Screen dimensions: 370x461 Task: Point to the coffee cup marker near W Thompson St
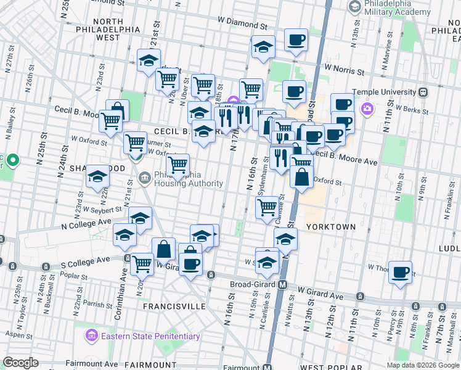pyautogui.click(x=401, y=271)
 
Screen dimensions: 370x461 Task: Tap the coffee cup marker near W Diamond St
pyautogui.click(x=296, y=40)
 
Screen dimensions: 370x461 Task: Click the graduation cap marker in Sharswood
pyautogui.click(x=97, y=177)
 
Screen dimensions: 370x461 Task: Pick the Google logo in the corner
pyautogui.click(x=21, y=362)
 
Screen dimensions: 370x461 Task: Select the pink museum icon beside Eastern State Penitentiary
pyautogui.click(x=92, y=336)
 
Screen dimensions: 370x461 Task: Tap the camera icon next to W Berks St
pyautogui.click(x=367, y=109)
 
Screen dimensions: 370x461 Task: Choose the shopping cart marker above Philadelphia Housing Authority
pyautogui.click(x=177, y=165)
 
